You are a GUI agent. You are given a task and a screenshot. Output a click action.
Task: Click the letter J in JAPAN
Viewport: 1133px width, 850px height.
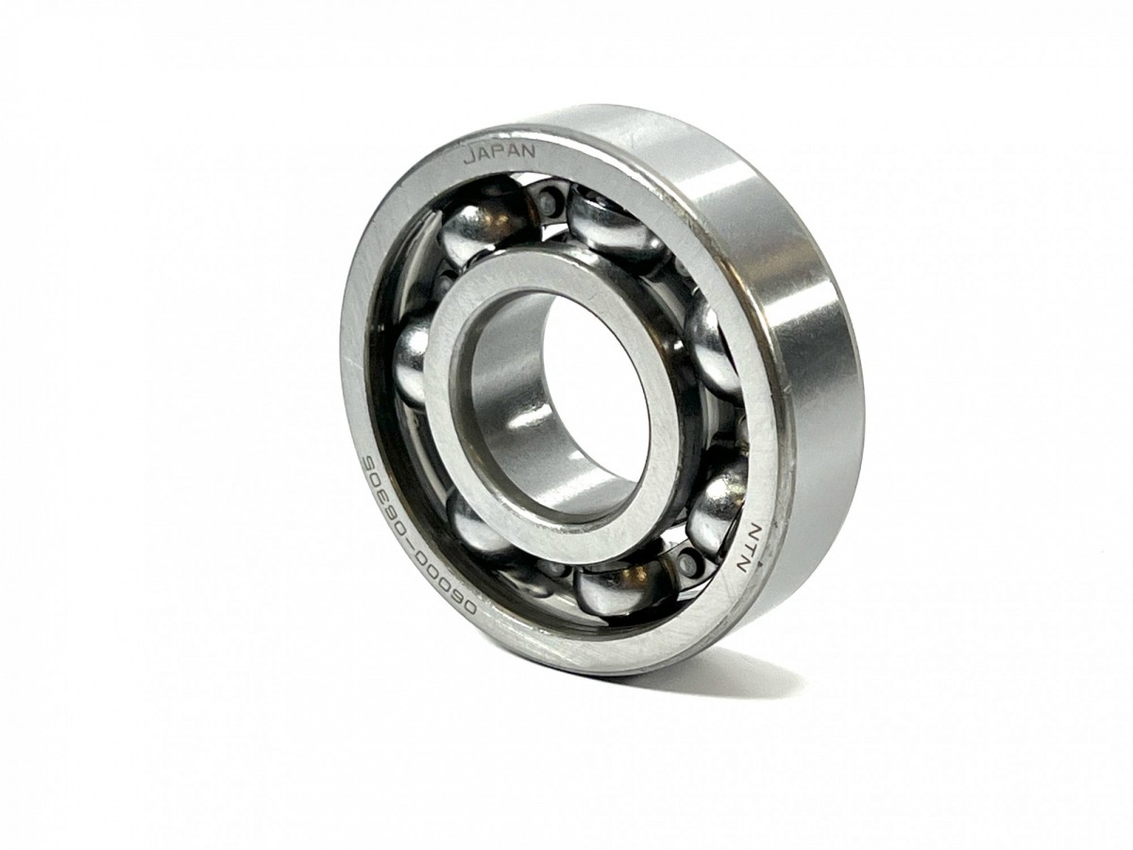tap(469, 157)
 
